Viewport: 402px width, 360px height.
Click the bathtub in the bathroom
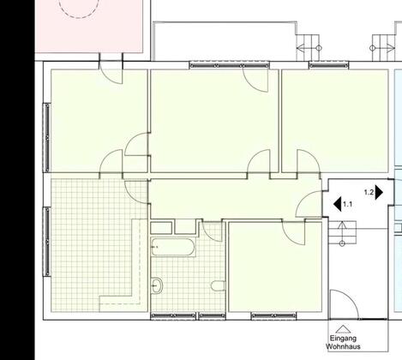click(173, 247)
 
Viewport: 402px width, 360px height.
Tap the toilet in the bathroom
click(219, 286)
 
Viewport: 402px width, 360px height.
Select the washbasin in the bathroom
click(157, 285)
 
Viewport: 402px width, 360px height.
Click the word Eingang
click(343, 339)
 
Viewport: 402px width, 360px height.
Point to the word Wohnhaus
click(343, 347)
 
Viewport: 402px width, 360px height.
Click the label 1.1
click(347, 204)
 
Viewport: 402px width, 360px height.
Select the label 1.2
click(369, 192)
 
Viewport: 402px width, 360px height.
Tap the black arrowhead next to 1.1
click(338, 204)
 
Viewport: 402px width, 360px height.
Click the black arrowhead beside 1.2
click(379, 192)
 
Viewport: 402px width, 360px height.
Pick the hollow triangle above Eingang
click(343, 329)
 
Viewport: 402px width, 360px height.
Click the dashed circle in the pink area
click(79, 8)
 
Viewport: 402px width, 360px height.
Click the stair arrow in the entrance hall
click(342, 233)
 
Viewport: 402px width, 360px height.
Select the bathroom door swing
click(212, 231)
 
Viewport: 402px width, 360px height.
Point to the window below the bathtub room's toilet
click(213, 315)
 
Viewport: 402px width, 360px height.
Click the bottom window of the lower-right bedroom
click(273, 315)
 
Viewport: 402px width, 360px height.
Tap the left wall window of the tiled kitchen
click(47, 242)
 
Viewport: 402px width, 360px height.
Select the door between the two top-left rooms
click(137, 144)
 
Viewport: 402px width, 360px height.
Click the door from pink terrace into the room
click(111, 73)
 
